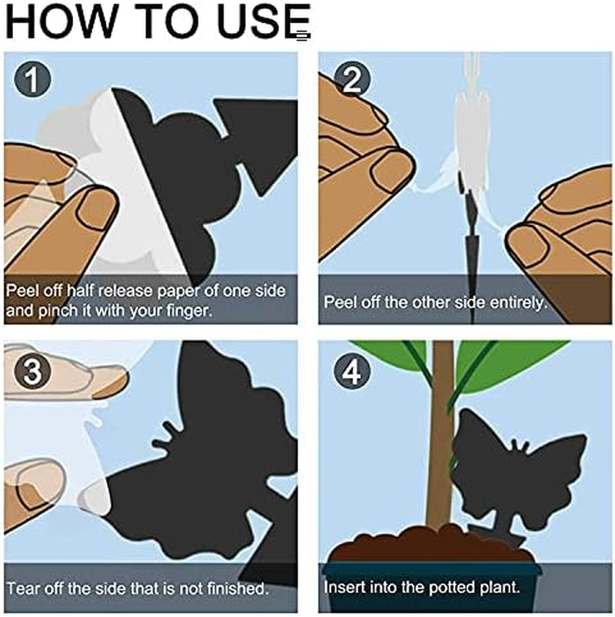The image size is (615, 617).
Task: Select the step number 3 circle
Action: [32, 372]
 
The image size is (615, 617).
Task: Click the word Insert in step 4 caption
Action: [344, 589]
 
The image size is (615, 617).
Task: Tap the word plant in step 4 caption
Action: [503, 589]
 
